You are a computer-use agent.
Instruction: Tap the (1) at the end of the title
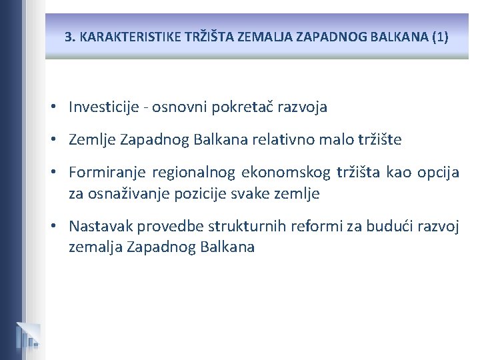[x=440, y=37]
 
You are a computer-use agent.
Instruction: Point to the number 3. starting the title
[x=70, y=37]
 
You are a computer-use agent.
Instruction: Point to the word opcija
[x=438, y=173]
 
